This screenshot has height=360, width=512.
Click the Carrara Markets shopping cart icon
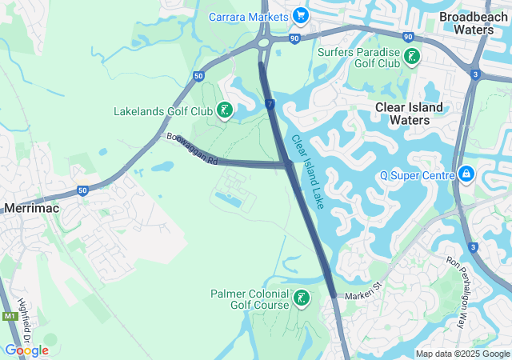pos(301,16)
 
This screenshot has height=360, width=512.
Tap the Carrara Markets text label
pos(249,17)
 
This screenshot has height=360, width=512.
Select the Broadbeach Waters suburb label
pos(473,22)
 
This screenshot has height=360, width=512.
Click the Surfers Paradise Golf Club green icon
pos(411,57)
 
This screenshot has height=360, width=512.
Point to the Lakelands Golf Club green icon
pos(225,110)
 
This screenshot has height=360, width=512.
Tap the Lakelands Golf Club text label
pos(163,111)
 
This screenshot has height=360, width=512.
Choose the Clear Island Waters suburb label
pos(414,113)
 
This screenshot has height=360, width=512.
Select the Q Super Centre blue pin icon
pos(466,174)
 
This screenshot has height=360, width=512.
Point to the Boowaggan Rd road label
pos(192,150)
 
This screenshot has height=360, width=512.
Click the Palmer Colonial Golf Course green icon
pos(302,299)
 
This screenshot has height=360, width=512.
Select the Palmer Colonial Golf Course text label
pos(250,299)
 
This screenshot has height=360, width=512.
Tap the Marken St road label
pos(364,296)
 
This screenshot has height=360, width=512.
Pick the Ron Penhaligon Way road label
pos(463,293)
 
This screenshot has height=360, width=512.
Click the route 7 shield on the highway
pos(271,105)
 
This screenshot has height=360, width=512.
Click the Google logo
pos(26,350)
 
